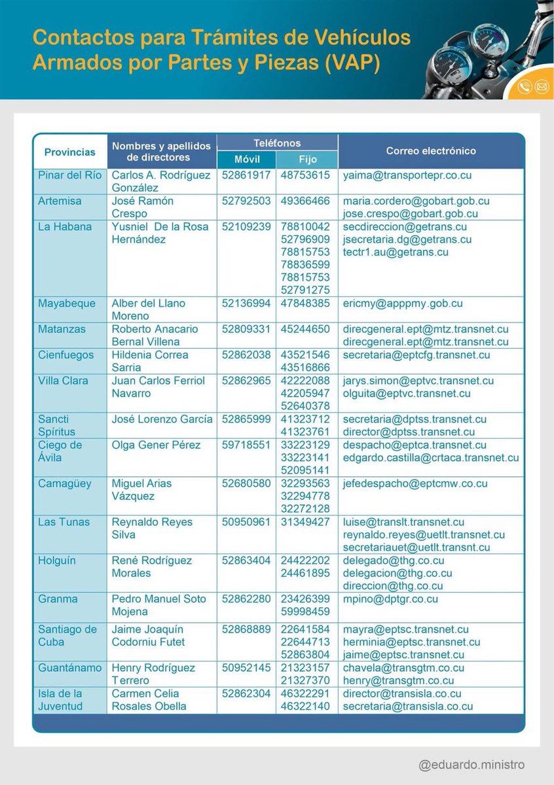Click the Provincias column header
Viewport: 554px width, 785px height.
(x=69, y=152)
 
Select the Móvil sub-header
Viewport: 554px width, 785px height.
(x=246, y=160)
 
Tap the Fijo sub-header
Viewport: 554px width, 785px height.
(x=306, y=160)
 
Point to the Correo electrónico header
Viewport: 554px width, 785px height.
(x=431, y=151)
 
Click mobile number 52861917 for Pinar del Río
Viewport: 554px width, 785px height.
(x=246, y=176)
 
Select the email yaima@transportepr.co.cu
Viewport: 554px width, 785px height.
(x=407, y=176)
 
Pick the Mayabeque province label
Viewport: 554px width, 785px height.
(x=67, y=304)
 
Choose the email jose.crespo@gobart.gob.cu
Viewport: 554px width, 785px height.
(x=410, y=214)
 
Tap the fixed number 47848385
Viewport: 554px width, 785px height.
(x=305, y=304)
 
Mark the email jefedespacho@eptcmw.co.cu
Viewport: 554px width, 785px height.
(x=415, y=483)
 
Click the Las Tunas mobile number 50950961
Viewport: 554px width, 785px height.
(x=246, y=522)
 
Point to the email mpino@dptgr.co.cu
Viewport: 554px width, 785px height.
(x=390, y=599)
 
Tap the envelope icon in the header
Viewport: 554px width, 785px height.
(x=541, y=86)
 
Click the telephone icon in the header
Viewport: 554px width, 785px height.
(x=524, y=86)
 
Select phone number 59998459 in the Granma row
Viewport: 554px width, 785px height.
(x=305, y=612)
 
